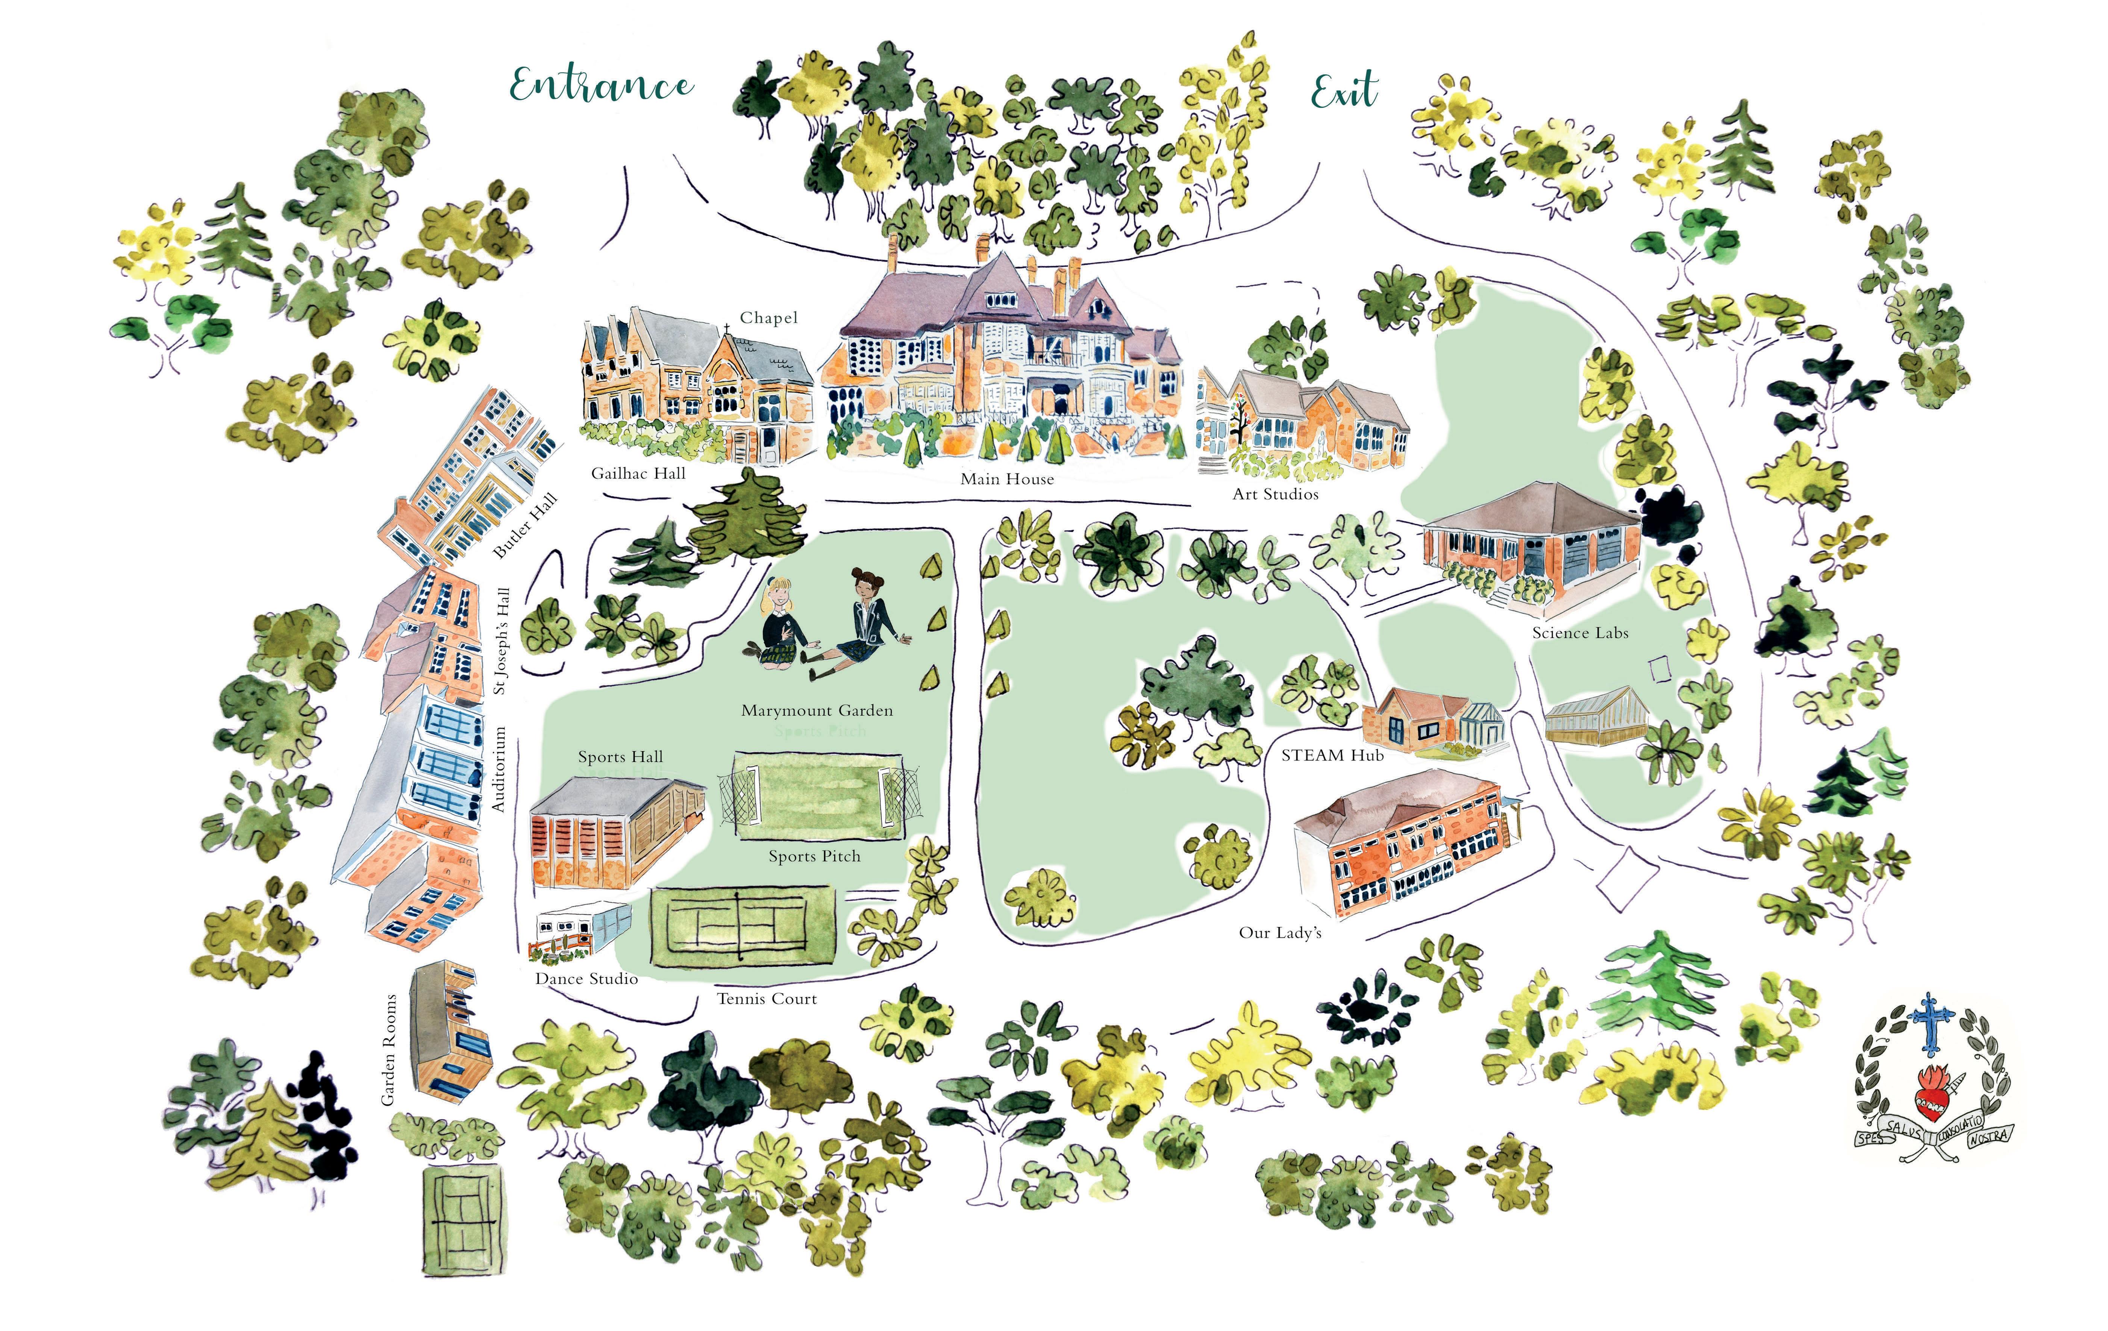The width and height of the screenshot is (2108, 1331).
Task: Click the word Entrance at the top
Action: pyautogui.click(x=602, y=86)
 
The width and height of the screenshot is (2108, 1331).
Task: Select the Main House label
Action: pyautogui.click(x=1007, y=479)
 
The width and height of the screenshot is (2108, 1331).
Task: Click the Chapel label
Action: pyautogui.click(x=768, y=318)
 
